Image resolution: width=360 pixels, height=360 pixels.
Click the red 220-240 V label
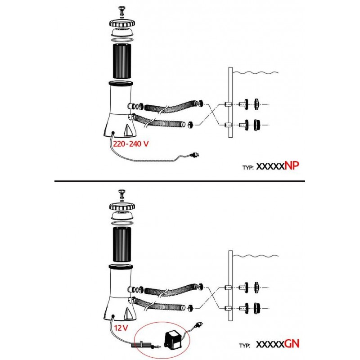tap(130, 144)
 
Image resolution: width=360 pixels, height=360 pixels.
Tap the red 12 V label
tap(121, 328)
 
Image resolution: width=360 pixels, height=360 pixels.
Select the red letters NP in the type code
tap(292, 166)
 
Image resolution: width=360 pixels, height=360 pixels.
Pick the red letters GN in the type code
tap(292, 344)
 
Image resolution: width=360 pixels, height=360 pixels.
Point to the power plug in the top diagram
tap(194, 155)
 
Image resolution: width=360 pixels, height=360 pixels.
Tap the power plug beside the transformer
tap(199, 324)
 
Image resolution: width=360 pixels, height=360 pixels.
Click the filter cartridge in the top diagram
tap(122, 61)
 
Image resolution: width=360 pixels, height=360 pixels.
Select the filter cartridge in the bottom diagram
tap(122, 244)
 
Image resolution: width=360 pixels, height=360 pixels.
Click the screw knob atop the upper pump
tap(121, 10)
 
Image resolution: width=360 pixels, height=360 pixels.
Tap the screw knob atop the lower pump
tap(121, 193)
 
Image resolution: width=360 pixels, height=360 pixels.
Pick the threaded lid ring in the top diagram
tap(122, 23)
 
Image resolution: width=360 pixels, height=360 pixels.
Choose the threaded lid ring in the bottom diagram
tap(122, 207)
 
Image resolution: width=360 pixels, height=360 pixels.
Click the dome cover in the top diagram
tap(122, 32)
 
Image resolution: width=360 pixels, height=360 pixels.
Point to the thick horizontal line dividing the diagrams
tap(180, 181)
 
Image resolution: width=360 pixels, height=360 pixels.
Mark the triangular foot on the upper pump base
tap(128, 130)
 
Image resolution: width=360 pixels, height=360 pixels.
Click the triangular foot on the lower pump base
tap(128, 313)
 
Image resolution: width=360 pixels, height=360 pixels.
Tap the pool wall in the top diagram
tap(230, 103)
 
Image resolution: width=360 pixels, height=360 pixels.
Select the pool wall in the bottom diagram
tap(230, 286)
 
